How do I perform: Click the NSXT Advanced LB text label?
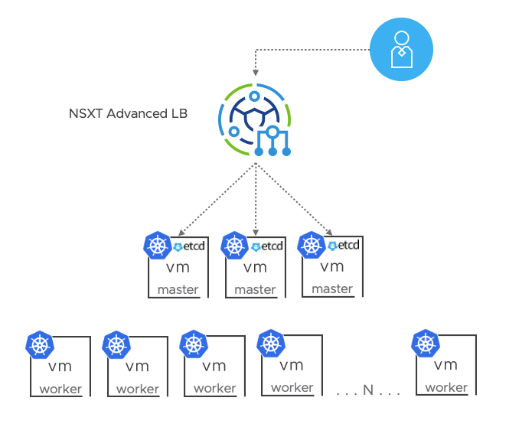pyautogui.click(x=129, y=114)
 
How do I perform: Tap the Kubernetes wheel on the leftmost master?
pyautogui.click(x=158, y=246)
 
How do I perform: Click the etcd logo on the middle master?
pyautogui.click(x=267, y=246)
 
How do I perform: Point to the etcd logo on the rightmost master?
pyautogui.click(x=344, y=246)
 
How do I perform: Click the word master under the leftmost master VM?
pyautogui.click(x=178, y=290)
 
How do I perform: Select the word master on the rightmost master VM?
pyautogui.click(x=332, y=289)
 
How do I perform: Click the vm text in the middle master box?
pyautogui.click(x=255, y=268)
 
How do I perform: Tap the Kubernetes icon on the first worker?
pyautogui.click(x=39, y=345)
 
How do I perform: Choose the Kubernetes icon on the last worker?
pyautogui.click(x=425, y=344)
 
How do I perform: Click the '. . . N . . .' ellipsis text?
pyautogui.click(x=368, y=391)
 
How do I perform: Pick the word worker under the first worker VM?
pyautogui.click(x=60, y=389)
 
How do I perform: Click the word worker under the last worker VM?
pyautogui.click(x=446, y=387)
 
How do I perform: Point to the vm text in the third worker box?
pyautogui.click(x=214, y=366)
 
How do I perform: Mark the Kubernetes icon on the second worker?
pyautogui.click(x=116, y=345)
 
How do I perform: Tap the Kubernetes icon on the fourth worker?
pyautogui.click(x=271, y=344)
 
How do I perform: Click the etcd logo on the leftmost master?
pyautogui.click(x=190, y=246)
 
